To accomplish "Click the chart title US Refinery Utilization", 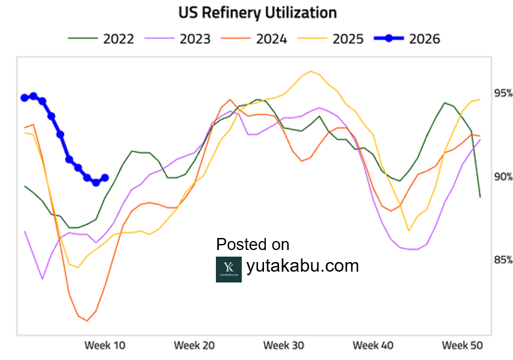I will point(257,13).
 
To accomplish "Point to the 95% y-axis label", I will point(503,93).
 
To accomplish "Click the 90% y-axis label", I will point(503,177).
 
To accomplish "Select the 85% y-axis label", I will point(503,260).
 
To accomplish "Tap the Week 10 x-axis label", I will point(105,346).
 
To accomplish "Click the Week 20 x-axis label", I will point(194,346).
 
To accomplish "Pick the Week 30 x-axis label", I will point(284,346).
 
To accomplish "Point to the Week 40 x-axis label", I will point(373,346).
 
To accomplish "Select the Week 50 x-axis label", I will point(462,346).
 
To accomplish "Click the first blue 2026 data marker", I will point(25,97).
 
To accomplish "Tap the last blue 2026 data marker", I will point(105,178).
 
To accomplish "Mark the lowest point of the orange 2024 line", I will point(87,320).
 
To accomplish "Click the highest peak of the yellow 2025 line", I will point(310,72).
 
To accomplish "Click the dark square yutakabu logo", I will point(229,269).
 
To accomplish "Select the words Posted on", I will point(253,245).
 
